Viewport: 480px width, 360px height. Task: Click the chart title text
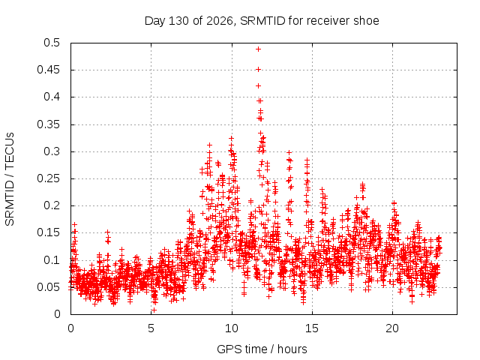point(262,21)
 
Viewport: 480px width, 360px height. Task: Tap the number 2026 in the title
point(220,21)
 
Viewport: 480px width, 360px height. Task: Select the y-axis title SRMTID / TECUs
point(10,179)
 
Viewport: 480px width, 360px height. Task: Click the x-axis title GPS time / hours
point(262,349)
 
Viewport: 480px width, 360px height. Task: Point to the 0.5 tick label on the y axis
point(52,43)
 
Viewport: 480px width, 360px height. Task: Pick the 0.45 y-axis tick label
point(48,70)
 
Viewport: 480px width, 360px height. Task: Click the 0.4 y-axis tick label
point(52,97)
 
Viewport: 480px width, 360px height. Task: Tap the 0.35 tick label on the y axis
point(48,124)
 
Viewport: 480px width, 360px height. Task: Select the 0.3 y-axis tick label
point(52,151)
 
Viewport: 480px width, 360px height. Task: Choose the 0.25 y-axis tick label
point(48,178)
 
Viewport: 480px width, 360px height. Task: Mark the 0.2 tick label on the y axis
point(52,205)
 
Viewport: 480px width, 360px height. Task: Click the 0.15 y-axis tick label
point(48,232)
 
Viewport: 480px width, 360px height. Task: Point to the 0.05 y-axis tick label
point(48,287)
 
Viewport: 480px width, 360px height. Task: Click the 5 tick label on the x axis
point(151,328)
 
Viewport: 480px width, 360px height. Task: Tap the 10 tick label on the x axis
point(232,328)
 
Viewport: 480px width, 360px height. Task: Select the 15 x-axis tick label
point(312,328)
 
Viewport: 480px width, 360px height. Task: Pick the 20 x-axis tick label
point(392,328)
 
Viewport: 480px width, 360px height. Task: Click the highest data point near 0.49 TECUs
point(258,49)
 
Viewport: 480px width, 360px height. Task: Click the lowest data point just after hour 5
point(154,310)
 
